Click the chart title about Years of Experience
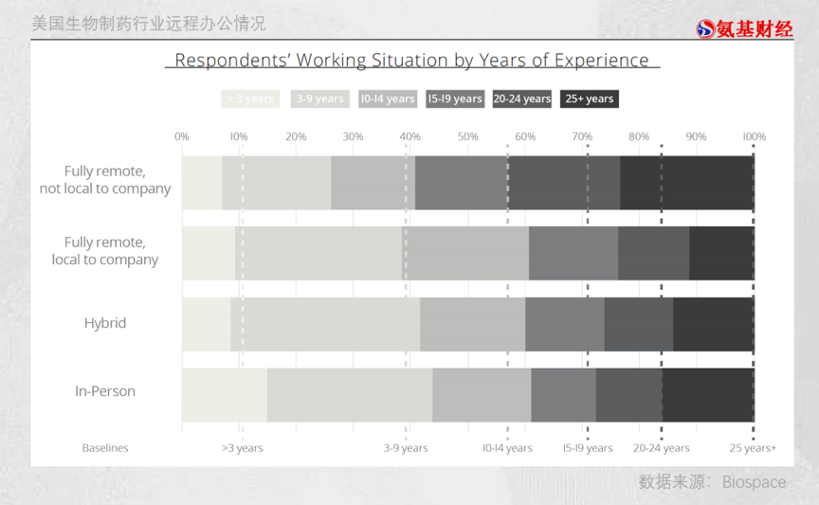[411, 61]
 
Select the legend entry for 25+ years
[589, 99]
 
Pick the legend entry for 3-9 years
[318, 99]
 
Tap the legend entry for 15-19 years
[455, 99]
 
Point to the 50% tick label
[467, 136]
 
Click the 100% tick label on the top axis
[754, 136]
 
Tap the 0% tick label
[182, 136]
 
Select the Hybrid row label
[105, 323]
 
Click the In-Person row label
[105, 391]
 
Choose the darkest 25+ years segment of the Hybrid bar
[713, 323]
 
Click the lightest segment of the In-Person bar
[224, 395]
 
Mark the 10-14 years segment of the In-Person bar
[482, 395]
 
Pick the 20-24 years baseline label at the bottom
[662, 448]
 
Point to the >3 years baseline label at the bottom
[243, 448]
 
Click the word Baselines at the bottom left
[105, 448]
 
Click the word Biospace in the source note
[754, 482]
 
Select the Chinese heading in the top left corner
[149, 24]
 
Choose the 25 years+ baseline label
[753, 448]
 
